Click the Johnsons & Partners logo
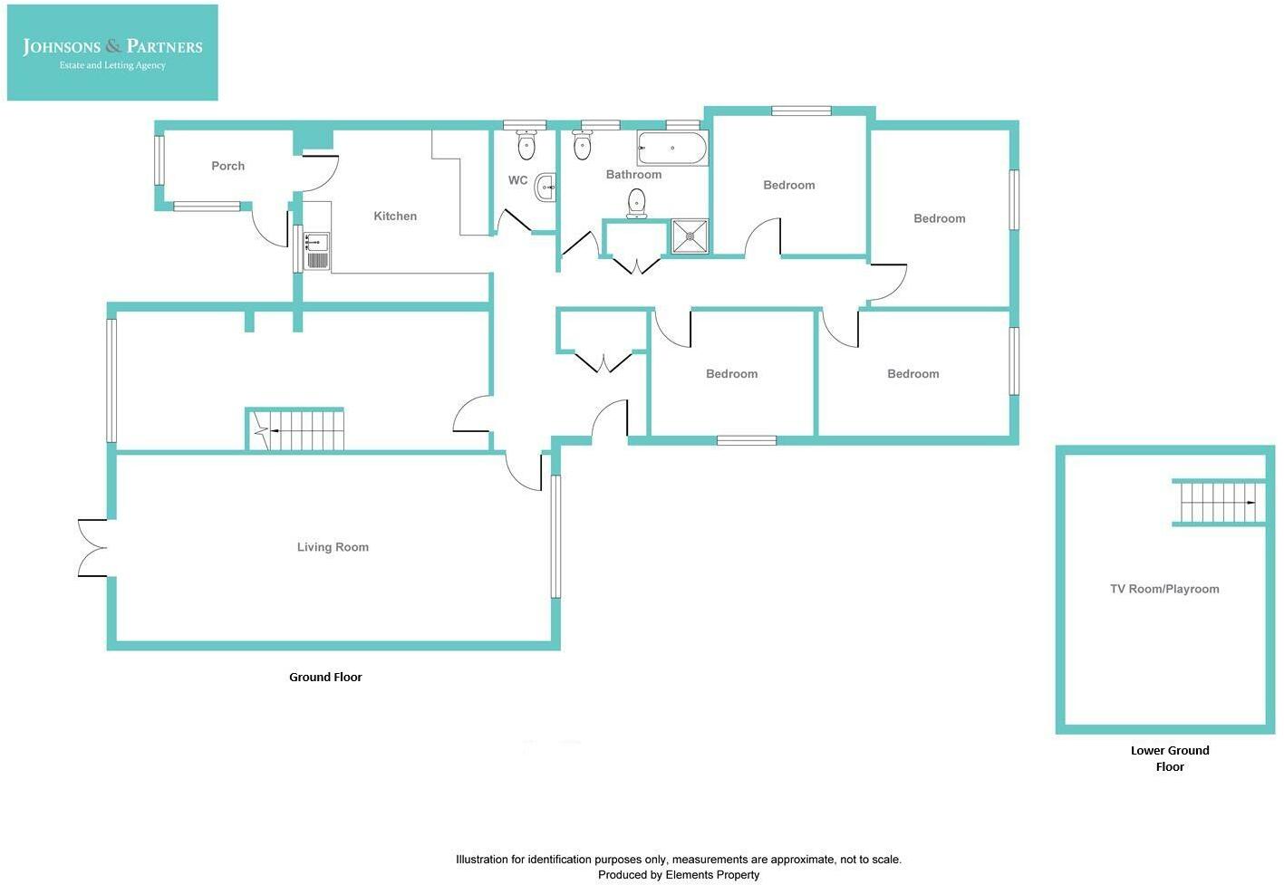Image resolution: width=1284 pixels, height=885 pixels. coord(112,52)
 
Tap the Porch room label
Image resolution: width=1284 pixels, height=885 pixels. coord(227,166)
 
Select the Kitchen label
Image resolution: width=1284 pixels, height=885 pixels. coord(395,216)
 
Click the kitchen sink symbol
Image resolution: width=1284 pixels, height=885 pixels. coord(316,251)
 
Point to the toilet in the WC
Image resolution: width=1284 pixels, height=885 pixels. coord(526,145)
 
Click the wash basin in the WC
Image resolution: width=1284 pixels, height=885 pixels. coord(545,188)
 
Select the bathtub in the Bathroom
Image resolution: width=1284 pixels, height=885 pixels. coord(672,148)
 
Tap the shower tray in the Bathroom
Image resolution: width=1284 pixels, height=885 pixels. coord(690,236)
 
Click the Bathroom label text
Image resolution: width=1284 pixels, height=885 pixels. coord(633,175)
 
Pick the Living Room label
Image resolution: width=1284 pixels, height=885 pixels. coord(333,547)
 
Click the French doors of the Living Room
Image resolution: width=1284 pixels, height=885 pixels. coord(92,547)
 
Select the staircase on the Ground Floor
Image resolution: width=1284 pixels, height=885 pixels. coord(296,430)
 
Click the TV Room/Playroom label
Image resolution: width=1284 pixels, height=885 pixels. coord(1164,589)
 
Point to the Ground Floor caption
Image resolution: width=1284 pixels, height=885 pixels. coord(325,677)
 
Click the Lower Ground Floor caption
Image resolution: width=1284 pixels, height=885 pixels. coord(1170,758)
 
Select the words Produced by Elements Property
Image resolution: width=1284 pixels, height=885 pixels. coord(679,875)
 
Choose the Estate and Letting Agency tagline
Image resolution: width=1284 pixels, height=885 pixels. coord(112,66)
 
